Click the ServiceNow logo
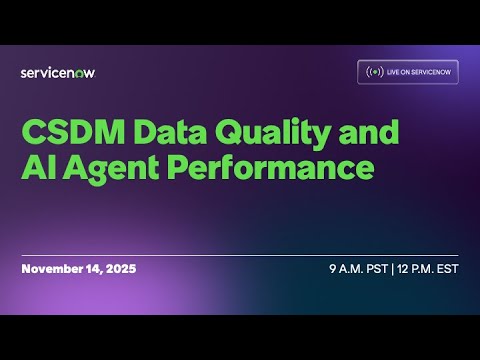(x=58, y=72)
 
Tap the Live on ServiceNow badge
(x=408, y=72)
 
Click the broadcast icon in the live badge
(x=374, y=72)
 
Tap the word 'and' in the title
(x=367, y=132)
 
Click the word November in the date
(x=53, y=270)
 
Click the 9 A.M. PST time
(x=357, y=270)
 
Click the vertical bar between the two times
(x=393, y=270)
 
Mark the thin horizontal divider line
(x=240, y=255)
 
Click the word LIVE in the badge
(x=395, y=72)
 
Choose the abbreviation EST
(x=447, y=270)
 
